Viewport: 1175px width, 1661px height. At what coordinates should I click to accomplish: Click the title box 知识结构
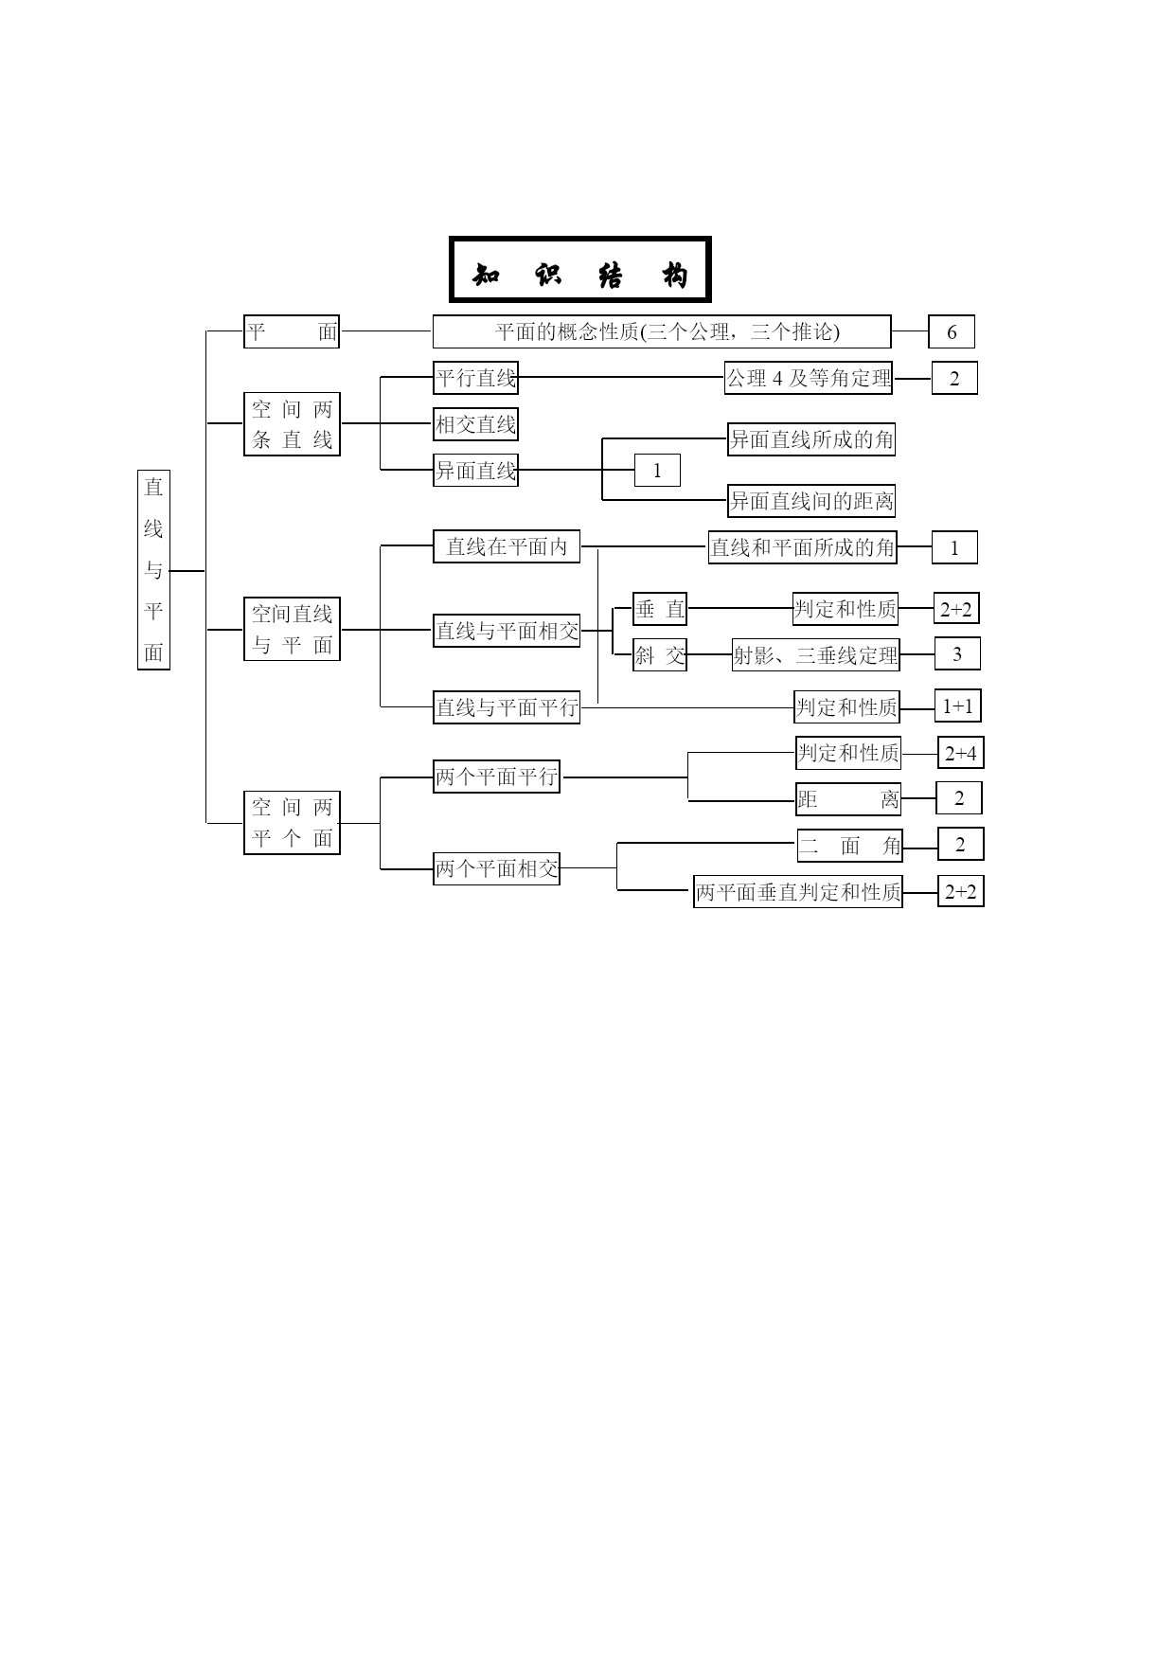[x=580, y=270]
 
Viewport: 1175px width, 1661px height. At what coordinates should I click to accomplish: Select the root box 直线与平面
[x=153, y=569]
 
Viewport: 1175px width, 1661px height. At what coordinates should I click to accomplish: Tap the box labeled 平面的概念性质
[x=662, y=331]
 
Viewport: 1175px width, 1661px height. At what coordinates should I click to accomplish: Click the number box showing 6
[x=952, y=331]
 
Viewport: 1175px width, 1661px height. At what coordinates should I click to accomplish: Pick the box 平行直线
[x=475, y=377]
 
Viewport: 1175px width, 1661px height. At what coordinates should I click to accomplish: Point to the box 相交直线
[x=475, y=423]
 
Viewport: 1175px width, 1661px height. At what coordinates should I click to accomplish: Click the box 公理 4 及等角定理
[x=809, y=378]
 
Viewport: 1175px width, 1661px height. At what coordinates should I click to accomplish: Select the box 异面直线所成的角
[x=811, y=438]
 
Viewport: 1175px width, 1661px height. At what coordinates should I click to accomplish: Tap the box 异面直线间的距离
[x=811, y=500]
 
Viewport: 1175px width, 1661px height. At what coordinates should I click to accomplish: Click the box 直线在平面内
[x=507, y=546]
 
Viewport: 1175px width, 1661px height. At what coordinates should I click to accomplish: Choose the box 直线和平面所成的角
[x=803, y=547]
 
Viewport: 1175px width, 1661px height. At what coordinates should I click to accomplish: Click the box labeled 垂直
[x=660, y=609]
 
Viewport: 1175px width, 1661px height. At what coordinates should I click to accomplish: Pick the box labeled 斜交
[x=660, y=654]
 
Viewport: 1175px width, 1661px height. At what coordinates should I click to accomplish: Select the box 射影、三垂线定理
[x=816, y=654]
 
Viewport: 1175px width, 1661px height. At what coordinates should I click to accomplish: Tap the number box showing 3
[x=957, y=653]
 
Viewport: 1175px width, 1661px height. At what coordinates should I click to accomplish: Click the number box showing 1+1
[x=957, y=705]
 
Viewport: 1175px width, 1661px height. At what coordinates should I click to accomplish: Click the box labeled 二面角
[x=849, y=845]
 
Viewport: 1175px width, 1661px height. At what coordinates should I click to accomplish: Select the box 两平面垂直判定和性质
[x=798, y=891]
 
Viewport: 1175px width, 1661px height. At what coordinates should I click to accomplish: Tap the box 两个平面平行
[x=496, y=777]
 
